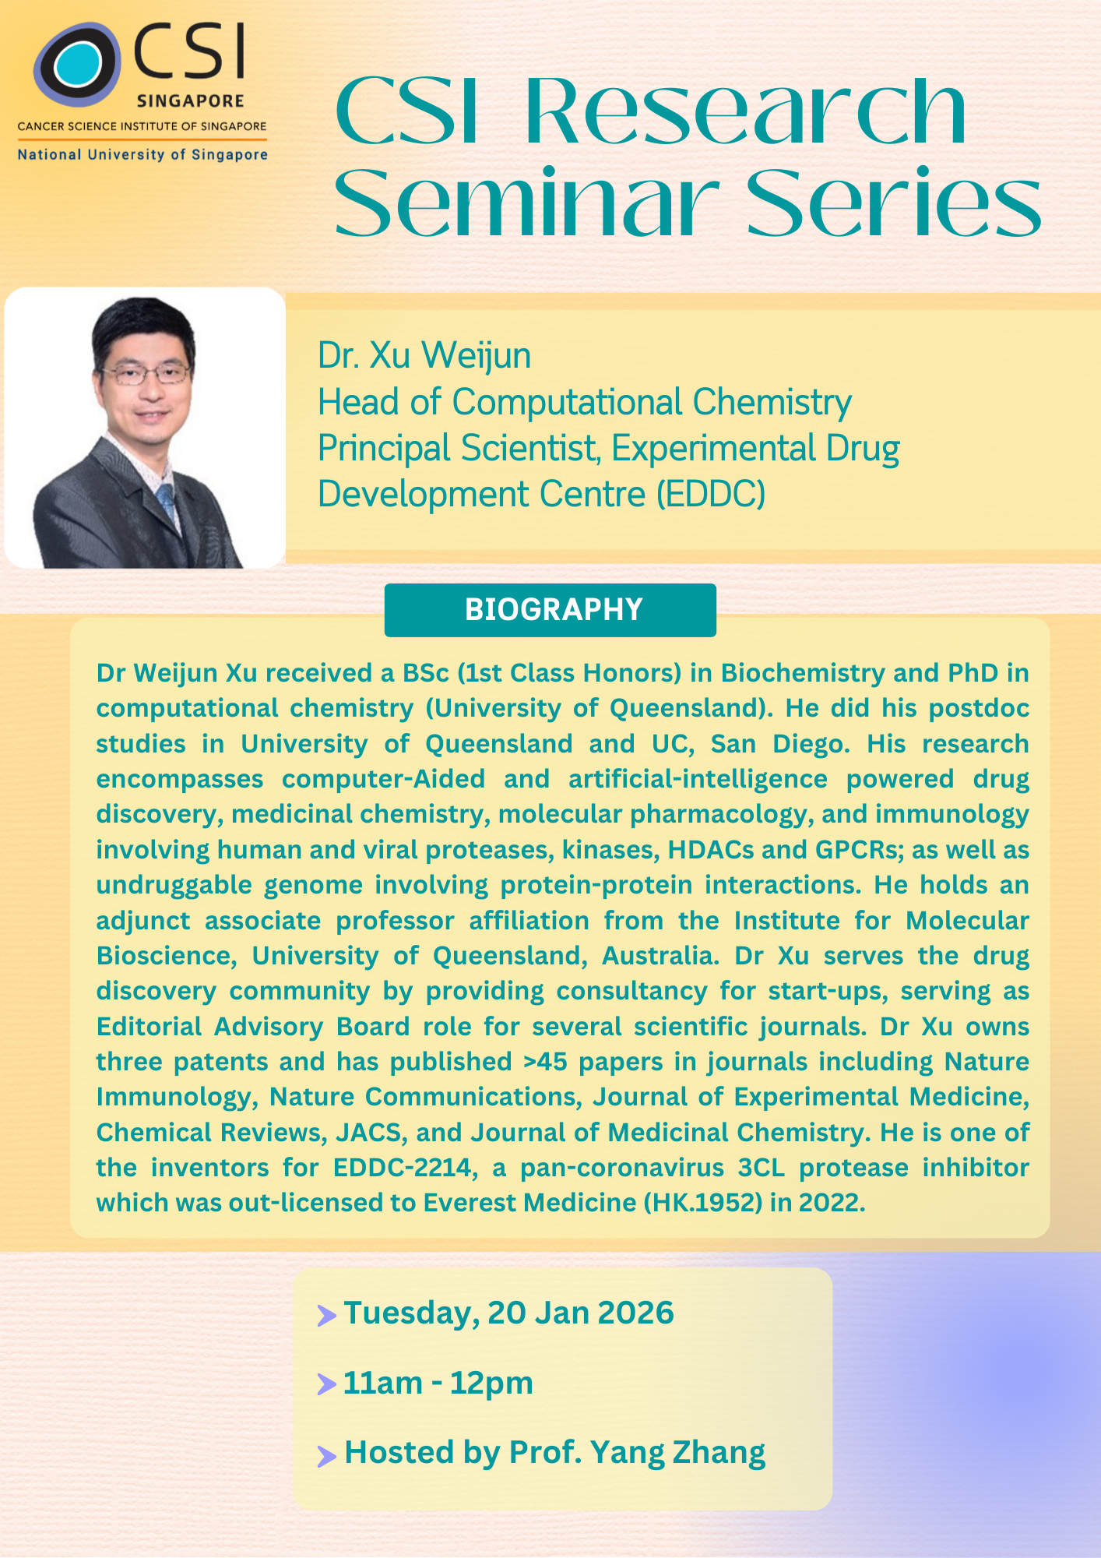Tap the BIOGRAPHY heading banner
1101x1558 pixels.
(550, 610)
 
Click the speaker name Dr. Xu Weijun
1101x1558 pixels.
(424, 355)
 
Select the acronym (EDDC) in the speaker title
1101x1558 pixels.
(711, 494)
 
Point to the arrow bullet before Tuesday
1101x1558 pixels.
(326, 1316)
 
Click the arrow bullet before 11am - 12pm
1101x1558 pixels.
(326, 1385)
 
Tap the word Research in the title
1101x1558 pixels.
(745, 111)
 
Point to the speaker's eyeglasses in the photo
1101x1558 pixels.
(146, 375)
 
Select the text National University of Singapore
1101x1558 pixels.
(142, 154)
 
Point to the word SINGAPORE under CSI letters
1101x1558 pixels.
(191, 101)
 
